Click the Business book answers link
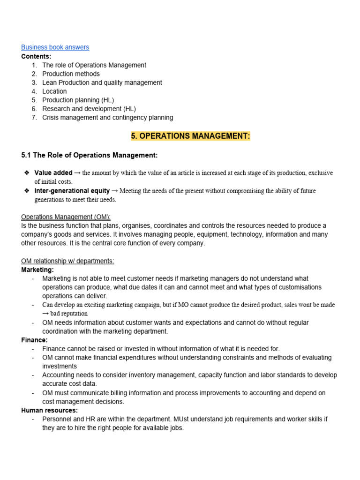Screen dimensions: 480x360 tap(55, 47)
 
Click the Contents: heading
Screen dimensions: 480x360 tap(36, 56)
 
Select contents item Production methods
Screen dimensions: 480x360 tap(71, 74)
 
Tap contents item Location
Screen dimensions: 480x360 tap(54, 91)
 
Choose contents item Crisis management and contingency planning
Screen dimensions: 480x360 tap(107, 118)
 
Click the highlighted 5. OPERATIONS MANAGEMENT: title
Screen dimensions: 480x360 tap(190, 136)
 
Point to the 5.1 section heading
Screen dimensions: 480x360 tap(90, 155)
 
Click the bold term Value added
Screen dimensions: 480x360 tap(53, 173)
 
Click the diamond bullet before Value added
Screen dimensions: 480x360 tap(27, 173)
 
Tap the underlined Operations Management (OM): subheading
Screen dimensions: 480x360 tap(66, 217)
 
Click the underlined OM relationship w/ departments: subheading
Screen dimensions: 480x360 tap(68, 261)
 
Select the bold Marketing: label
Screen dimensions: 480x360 tap(37, 270)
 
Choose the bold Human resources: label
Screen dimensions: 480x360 tap(50, 410)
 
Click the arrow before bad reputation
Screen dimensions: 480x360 tap(45, 314)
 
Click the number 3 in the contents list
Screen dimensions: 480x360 tap(34, 82)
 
